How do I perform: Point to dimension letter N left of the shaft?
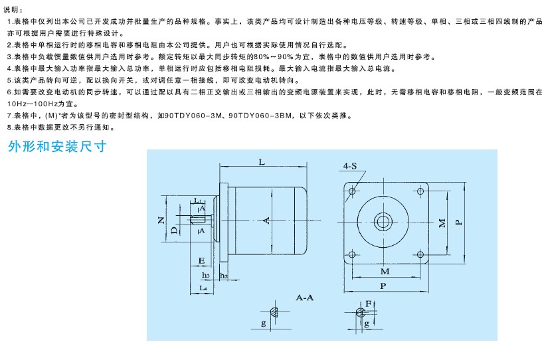161,219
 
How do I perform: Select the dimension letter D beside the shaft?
173,230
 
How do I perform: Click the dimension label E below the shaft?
201,260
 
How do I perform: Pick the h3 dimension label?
206,275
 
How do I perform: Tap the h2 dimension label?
224,275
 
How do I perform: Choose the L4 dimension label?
203,288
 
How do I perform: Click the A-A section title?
304,298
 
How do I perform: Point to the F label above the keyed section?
368,302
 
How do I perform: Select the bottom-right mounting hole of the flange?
419,254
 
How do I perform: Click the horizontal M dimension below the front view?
385,271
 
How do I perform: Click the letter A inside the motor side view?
266,219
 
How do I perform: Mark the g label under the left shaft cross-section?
264,323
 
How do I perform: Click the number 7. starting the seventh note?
9,116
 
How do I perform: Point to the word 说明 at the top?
12,9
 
